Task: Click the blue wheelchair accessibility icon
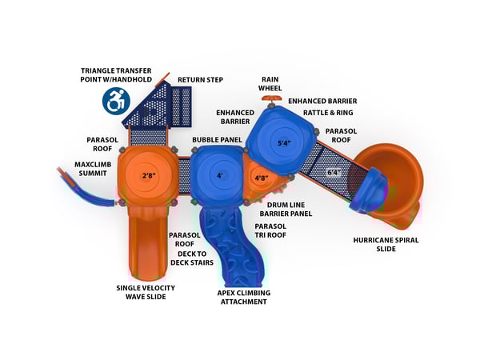pos(116,101)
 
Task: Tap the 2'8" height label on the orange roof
pos(149,176)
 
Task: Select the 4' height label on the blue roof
pos(220,176)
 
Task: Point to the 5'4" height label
pos(284,143)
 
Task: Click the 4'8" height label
pos(262,178)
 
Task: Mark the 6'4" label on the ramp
pos(334,173)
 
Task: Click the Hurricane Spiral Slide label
pos(386,244)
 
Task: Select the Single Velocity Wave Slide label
pos(146,292)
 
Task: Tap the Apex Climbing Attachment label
pos(244,298)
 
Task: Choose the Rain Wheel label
pos(270,84)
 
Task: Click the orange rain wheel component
pos(271,98)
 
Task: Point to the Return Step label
pos(200,80)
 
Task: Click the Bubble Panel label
pos(217,140)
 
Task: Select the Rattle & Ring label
pos(328,113)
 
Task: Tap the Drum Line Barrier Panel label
pos(286,210)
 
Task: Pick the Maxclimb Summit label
pos(93,169)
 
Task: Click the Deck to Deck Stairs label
pos(192,258)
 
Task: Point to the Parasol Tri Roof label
pos(270,231)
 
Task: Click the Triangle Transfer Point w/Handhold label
pos(116,75)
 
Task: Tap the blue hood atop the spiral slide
pos(369,190)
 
